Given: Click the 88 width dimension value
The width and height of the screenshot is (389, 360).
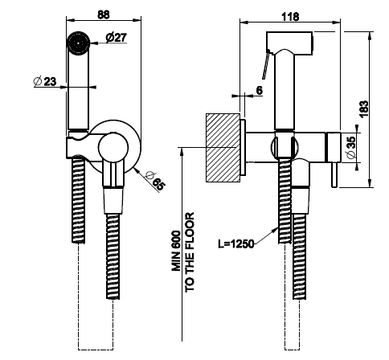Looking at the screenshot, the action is (104, 14).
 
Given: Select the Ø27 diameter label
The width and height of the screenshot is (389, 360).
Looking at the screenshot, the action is (116, 38).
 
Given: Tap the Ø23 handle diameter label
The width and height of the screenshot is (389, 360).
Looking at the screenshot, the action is (45, 81).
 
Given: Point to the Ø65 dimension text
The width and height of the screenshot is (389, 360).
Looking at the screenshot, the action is (154, 181).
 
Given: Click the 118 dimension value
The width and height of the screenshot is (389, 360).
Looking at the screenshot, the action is (290, 17).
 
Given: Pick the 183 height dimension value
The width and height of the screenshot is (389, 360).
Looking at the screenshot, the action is (364, 109).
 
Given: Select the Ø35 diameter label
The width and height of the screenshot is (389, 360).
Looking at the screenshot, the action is (351, 147).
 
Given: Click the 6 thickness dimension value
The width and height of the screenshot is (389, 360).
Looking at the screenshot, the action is (259, 91).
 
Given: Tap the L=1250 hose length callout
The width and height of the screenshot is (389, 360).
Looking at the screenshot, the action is (235, 243).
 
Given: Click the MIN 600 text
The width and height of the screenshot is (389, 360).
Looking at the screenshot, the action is (177, 251).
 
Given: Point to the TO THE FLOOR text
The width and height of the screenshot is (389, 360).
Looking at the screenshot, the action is (190, 252).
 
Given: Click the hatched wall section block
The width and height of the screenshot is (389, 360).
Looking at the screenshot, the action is (223, 148).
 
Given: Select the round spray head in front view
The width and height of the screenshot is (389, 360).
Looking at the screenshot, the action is (78, 43).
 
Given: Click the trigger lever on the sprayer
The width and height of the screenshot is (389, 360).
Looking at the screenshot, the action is (266, 64).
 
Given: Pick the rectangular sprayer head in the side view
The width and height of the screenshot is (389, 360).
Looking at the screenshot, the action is (289, 43).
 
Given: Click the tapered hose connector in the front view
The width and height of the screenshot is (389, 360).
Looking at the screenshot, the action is (113, 200).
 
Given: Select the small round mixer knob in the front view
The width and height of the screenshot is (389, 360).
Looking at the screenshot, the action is (113, 148).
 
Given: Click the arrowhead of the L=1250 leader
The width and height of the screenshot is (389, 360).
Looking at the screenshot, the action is (276, 229).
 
